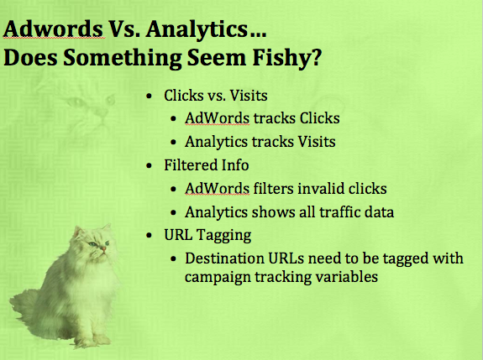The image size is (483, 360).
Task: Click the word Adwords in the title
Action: (x=53, y=29)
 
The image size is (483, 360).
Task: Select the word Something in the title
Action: (x=123, y=58)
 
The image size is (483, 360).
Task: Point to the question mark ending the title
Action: (x=314, y=57)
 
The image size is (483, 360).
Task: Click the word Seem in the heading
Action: (x=217, y=58)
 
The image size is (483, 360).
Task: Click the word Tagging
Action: (x=224, y=236)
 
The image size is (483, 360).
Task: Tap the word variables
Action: (x=346, y=276)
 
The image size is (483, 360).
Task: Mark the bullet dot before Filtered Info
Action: (x=150, y=166)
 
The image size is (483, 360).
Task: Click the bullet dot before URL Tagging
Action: (x=150, y=236)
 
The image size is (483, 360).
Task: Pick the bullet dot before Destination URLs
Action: (x=173, y=258)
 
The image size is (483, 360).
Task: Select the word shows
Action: (x=269, y=211)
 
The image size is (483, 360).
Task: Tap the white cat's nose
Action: (x=103, y=248)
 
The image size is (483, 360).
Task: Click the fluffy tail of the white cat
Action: (x=24, y=310)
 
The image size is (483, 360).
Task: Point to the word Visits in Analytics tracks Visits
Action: (x=317, y=142)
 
